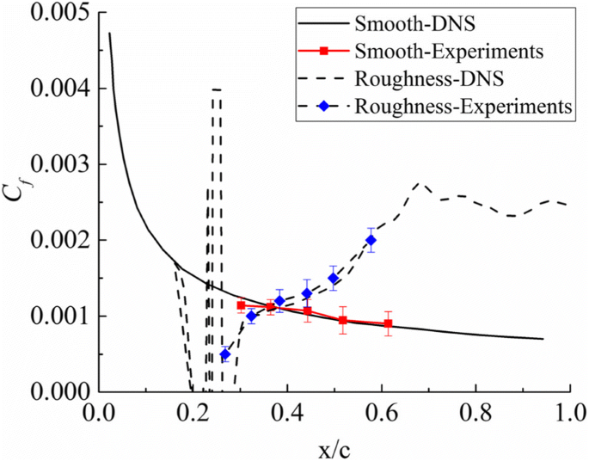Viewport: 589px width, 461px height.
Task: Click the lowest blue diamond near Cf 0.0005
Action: coord(225,354)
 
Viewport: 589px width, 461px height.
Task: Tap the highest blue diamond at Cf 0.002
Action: coord(371,240)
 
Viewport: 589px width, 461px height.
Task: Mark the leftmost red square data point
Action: coord(242,305)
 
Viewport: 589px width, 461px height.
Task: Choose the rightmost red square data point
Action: coord(389,323)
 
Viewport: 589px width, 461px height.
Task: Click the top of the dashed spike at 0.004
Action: coord(217,89)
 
